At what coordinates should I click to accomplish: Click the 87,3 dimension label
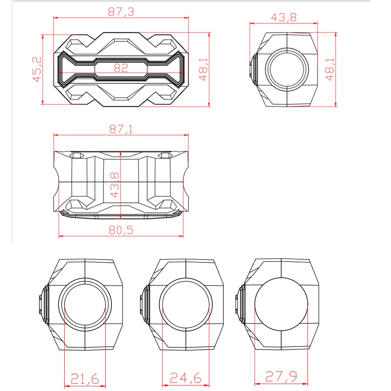click(x=121, y=12)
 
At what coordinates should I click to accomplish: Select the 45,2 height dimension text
click(x=37, y=69)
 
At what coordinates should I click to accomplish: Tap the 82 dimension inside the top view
click(x=121, y=68)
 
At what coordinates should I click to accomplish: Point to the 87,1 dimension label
click(x=121, y=129)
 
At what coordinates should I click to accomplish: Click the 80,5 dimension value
click(x=121, y=230)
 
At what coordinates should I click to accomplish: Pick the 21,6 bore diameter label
click(x=85, y=379)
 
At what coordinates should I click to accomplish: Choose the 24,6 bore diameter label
click(x=185, y=378)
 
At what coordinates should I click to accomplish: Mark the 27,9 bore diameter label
click(x=281, y=376)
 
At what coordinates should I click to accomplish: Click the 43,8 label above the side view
click(x=284, y=18)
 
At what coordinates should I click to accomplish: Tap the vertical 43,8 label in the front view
click(x=115, y=185)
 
